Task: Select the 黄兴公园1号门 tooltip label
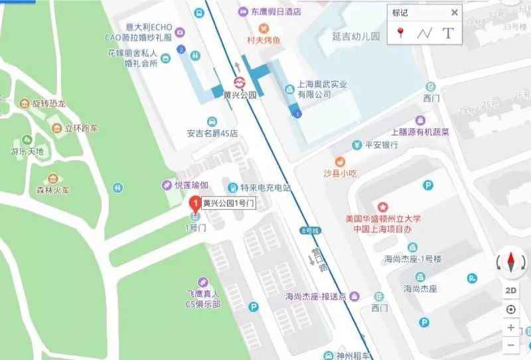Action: pos(228,203)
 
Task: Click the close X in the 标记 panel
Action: pos(454,13)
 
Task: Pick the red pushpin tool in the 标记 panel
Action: pos(400,33)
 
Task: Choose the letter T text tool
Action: pos(448,33)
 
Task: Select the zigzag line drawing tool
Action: pos(424,33)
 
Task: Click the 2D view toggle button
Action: pos(510,290)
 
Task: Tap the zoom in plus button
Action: pos(510,327)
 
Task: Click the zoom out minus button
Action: pos(510,345)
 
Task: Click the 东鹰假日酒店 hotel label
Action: pos(276,11)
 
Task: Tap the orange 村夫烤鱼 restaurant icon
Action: pos(264,28)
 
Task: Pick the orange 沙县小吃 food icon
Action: pos(340,161)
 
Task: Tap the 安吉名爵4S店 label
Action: pos(212,133)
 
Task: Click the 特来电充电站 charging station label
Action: pos(265,188)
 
